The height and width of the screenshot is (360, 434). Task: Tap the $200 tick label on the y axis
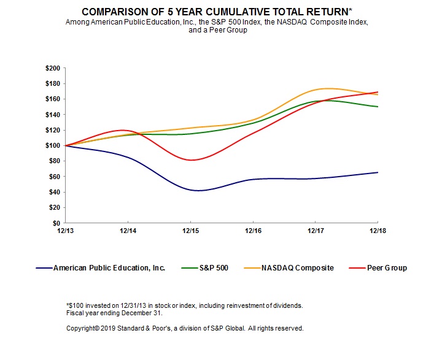click(x=53, y=68)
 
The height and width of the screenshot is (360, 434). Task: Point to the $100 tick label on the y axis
click(x=53, y=145)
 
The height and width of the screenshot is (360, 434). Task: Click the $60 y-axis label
click(x=55, y=177)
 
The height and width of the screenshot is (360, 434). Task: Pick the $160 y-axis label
click(x=53, y=99)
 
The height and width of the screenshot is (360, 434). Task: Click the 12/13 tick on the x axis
click(x=65, y=232)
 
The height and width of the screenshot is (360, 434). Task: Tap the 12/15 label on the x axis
click(x=190, y=232)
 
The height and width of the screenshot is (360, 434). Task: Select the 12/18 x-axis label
click(x=377, y=232)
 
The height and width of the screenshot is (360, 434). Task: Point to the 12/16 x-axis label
click(x=252, y=232)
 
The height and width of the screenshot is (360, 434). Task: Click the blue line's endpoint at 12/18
click(x=377, y=172)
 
